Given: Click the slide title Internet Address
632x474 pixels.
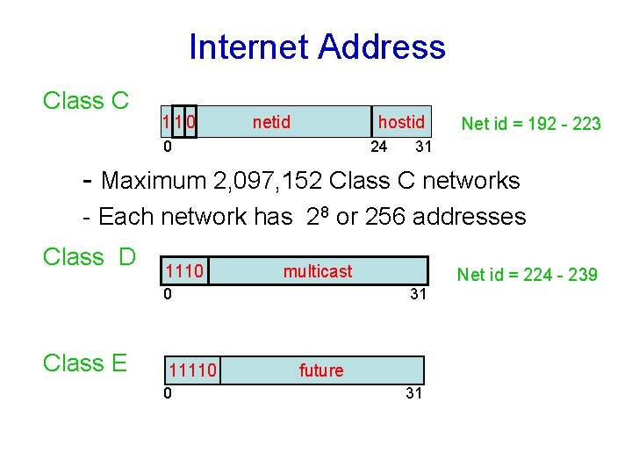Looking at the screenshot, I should tap(317, 47).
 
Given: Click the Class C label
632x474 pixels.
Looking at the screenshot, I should tap(86, 102).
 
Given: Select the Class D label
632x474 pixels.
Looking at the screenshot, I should tap(90, 257).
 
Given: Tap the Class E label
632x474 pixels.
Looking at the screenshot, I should tap(86, 363).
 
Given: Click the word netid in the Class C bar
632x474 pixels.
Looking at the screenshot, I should tap(271, 122).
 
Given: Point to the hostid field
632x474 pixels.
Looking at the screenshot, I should tap(400, 122).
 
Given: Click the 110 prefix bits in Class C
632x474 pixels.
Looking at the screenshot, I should tap(179, 122).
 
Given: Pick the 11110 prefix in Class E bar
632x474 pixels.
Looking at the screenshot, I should tap(193, 370).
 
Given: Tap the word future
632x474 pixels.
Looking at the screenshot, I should tap(321, 370).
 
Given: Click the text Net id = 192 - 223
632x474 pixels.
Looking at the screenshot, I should tap(531, 124).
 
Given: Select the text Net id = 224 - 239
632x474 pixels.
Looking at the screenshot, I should tap(528, 276).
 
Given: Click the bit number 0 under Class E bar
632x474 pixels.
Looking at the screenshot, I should tap(168, 392).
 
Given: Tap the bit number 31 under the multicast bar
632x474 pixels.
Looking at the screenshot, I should tap(418, 295).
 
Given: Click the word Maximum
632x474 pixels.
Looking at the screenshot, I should tap(153, 182).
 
